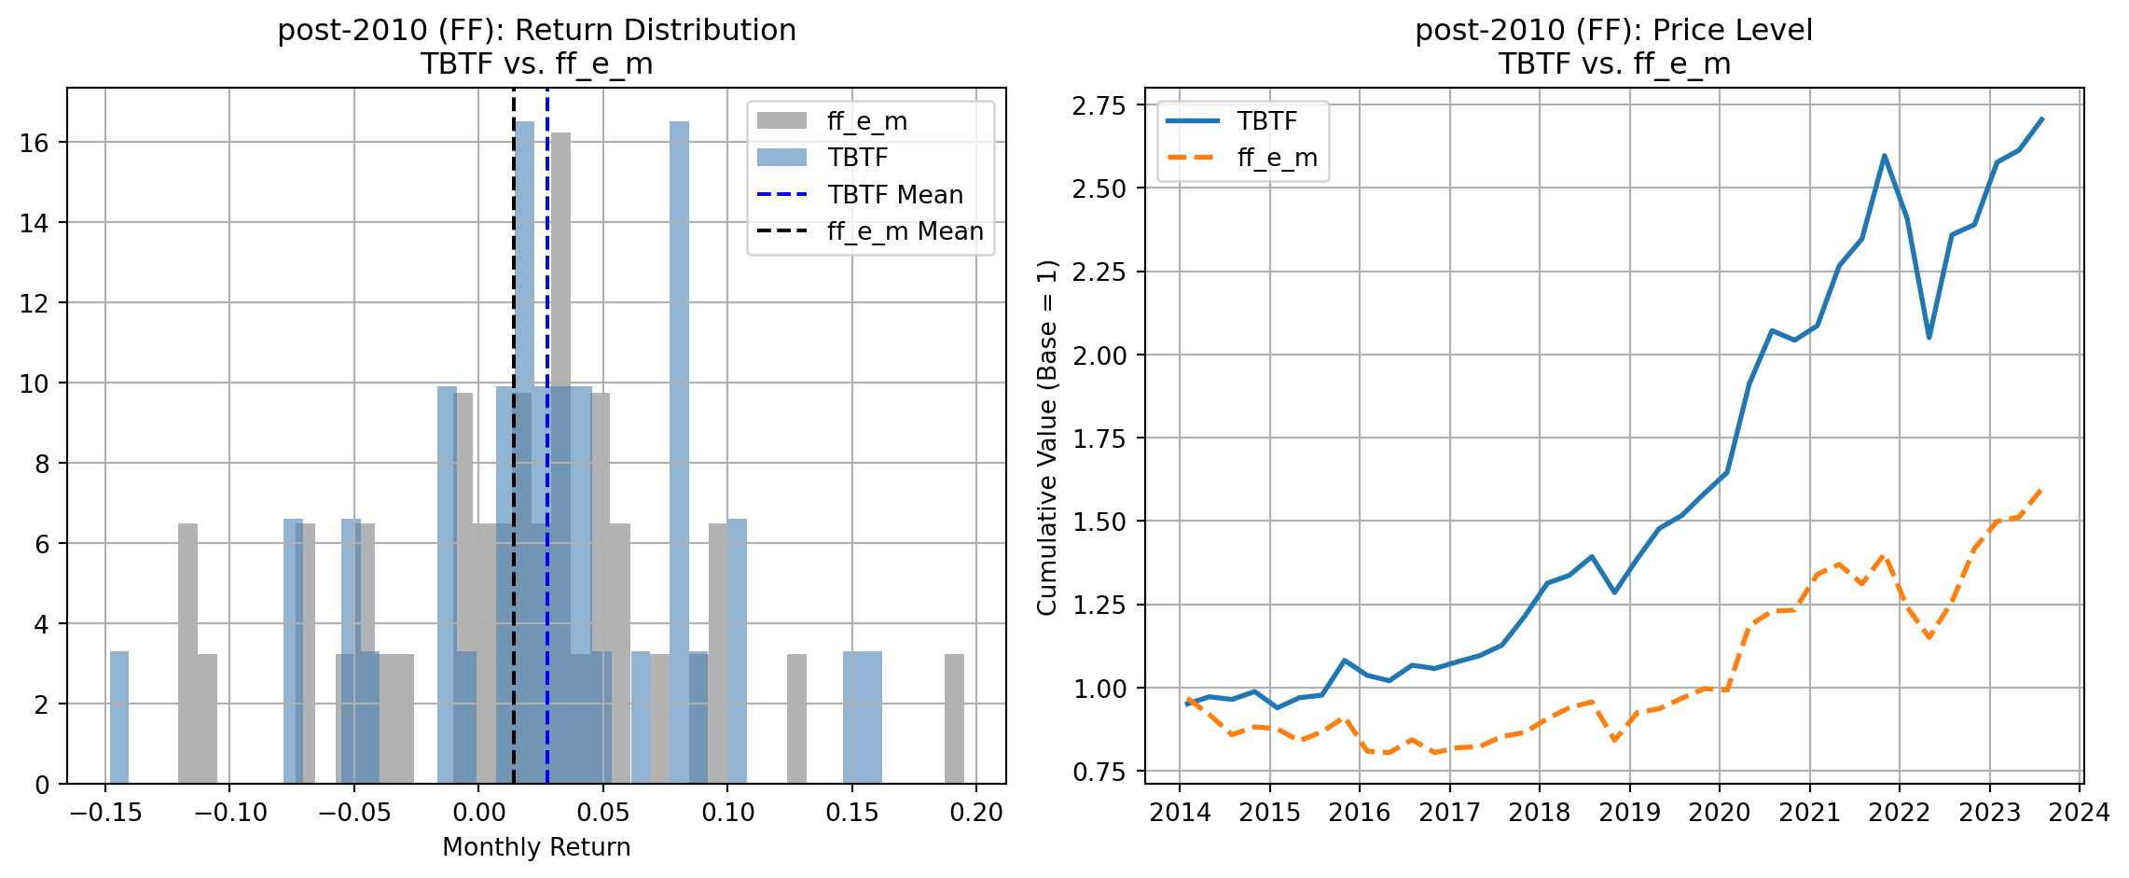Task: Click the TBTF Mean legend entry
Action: click(x=894, y=195)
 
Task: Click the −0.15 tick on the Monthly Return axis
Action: click(x=105, y=813)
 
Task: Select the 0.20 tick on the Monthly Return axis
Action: click(x=976, y=813)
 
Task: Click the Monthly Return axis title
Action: click(x=536, y=847)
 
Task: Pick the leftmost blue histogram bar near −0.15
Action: click(x=119, y=718)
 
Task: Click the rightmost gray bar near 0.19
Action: click(x=954, y=718)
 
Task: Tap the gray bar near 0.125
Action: click(x=796, y=718)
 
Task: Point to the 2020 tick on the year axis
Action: click(x=1720, y=813)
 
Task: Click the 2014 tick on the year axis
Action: click(x=1180, y=813)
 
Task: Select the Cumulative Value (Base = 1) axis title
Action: click(x=1048, y=438)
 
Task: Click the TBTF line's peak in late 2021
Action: click(x=1884, y=156)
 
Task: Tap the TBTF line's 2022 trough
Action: click(x=1929, y=337)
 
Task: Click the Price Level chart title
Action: click(x=1614, y=47)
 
